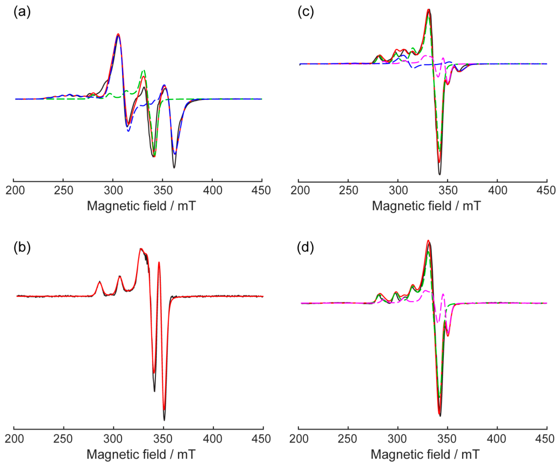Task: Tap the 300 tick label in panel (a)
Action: click(113, 191)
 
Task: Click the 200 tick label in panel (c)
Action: click(300, 191)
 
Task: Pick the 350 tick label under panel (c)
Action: click(448, 191)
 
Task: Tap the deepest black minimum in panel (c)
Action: click(439, 174)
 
